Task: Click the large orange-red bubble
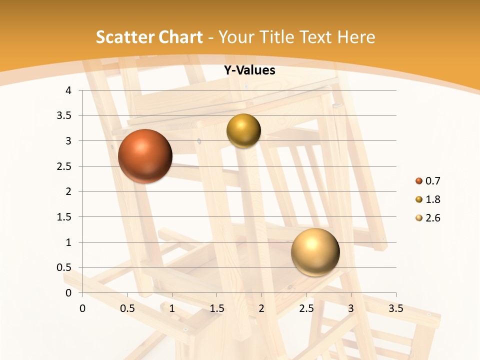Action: [145, 156]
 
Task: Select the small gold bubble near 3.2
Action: [243, 131]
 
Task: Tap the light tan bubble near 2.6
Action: [315, 252]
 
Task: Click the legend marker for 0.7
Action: [419, 181]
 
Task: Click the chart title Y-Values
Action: [249, 70]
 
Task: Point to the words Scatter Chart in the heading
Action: [149, 37]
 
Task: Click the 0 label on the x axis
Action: [83, 308]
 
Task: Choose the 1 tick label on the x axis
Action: [172, 308]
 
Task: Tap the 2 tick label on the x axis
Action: [261, 308]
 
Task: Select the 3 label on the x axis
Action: [351, 308]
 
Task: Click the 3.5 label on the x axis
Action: [395, 308]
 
